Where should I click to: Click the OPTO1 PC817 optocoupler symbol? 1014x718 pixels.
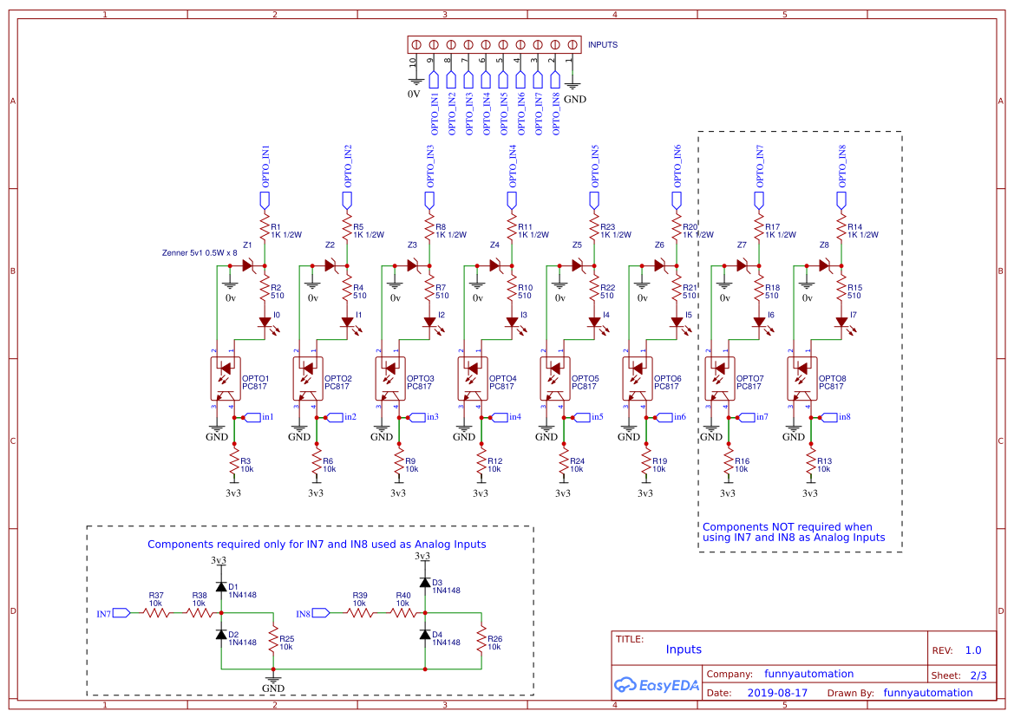(225, 379)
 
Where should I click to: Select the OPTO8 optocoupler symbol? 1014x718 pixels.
(801, 379)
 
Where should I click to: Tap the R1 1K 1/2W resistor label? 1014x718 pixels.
(286, 231)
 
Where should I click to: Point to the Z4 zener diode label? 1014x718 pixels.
(494, 245)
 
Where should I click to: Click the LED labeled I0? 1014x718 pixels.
(265, 322)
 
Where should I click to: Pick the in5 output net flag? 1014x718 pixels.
(592, 417)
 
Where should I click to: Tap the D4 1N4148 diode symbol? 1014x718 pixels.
(425, 635)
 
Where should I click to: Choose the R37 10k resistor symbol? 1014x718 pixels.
(156, 612)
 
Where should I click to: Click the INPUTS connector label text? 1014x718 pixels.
(603, 44)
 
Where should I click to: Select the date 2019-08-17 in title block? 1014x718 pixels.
(776, 693)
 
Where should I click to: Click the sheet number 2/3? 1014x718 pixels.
(978, 675)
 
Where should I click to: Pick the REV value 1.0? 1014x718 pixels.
(973, 649)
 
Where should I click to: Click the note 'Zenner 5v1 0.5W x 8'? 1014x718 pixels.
(200, 253)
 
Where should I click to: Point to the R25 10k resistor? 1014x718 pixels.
(273, 642)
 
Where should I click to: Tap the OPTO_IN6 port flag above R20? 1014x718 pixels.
(677, 201)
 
